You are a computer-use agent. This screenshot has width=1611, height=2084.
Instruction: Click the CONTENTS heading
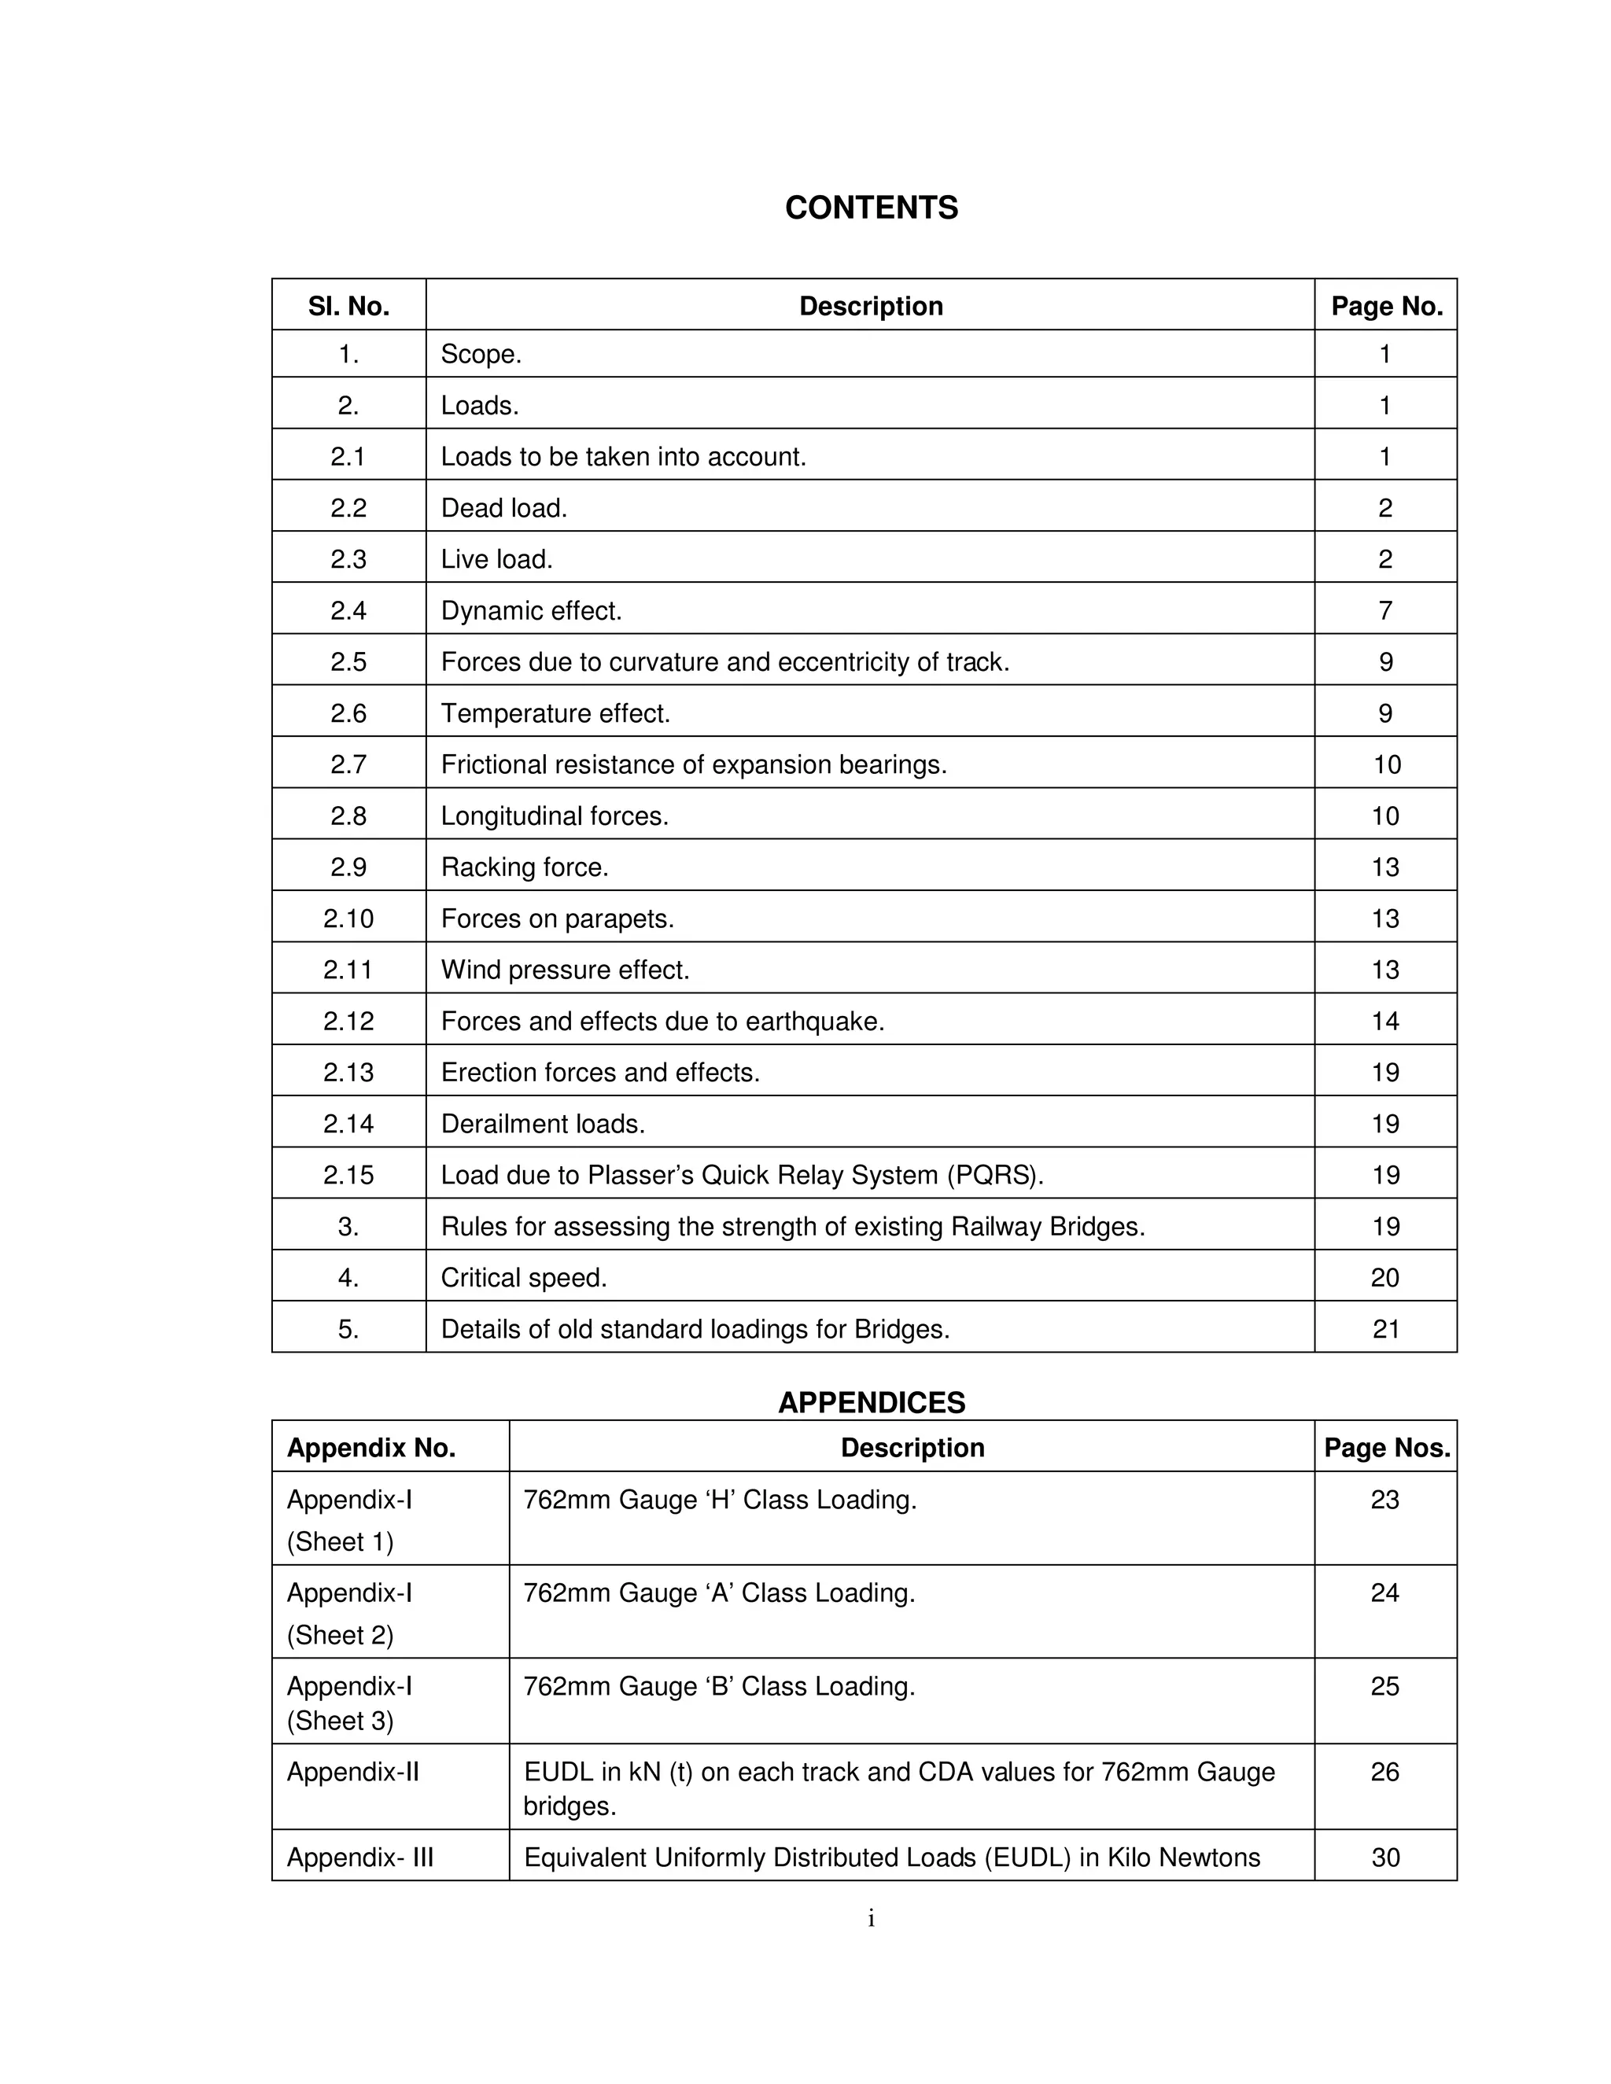(871, 208)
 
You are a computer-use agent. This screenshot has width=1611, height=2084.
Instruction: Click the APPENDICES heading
(871, 1401)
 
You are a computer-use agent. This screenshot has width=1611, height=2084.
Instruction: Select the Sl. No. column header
(348, 306)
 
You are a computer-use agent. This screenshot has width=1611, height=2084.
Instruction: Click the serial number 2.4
(348, 611)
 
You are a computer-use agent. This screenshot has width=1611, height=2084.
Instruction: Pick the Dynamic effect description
(531, 611)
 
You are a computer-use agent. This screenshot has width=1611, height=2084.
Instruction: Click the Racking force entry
(524, 867)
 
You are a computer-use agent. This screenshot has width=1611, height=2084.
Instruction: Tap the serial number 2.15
(348, 1176)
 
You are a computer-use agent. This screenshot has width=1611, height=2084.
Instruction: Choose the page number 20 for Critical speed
(1384, 1278)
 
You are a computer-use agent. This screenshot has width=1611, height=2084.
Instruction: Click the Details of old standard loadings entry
(695, 1329)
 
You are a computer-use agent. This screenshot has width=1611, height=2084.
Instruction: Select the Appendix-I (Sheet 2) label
(349, 1614)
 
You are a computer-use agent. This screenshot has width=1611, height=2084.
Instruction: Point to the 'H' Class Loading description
(720, 1500)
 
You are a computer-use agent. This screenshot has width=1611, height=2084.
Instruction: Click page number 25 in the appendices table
(1384, 1686)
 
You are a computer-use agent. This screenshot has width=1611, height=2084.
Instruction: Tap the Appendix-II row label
(352, 1772)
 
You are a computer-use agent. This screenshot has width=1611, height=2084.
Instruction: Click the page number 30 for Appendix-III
(1384, 1858)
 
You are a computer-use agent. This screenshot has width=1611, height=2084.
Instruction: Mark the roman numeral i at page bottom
(871, 1919)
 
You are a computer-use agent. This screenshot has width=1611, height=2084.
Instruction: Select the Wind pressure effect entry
(564, 970)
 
